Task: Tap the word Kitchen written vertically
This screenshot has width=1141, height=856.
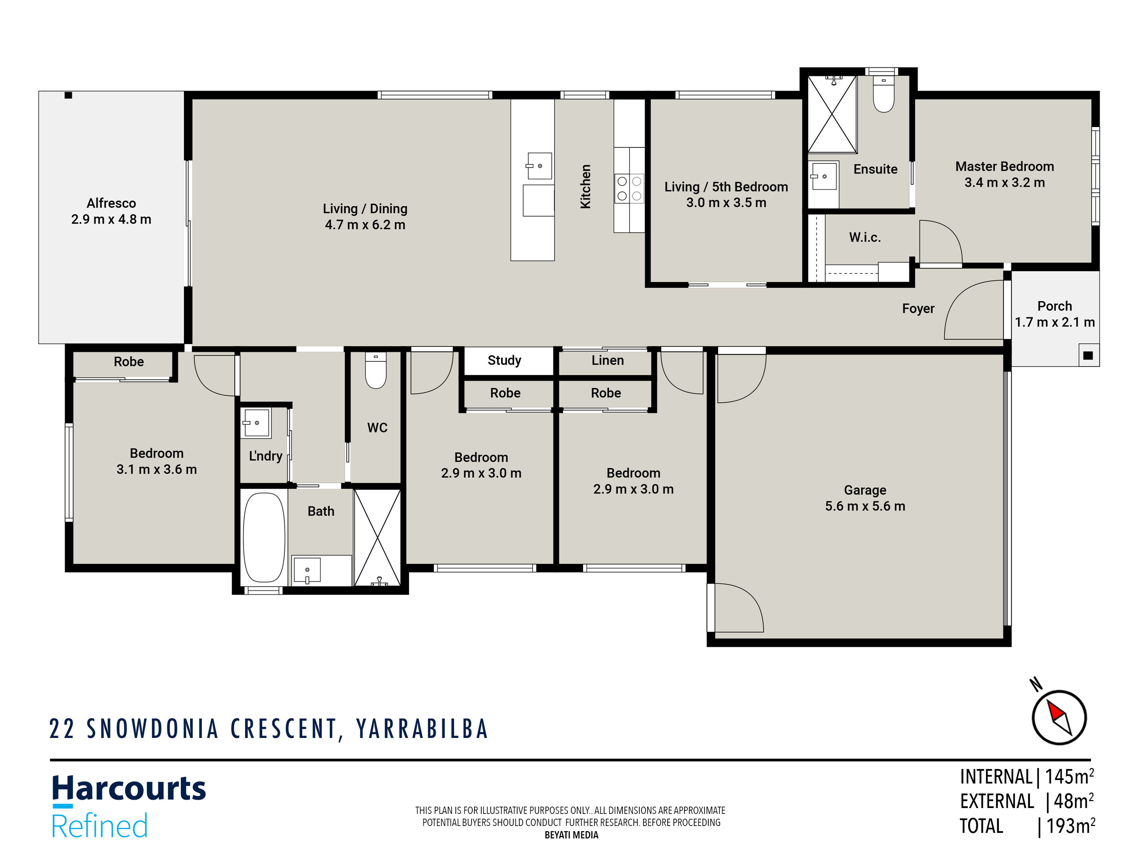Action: click(x=586, y=186)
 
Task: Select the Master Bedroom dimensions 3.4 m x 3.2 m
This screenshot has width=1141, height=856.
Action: click(x=1004, y=183)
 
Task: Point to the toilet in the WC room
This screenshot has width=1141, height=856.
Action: click(x=375, y=371)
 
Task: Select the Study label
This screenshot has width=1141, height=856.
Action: click(x=504, y=360)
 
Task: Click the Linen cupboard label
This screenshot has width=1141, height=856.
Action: click(x=607, y=360)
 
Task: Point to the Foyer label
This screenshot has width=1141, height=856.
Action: click(x=918, y=309)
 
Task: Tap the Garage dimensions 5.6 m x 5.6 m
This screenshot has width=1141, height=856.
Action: click(x=865, y=506)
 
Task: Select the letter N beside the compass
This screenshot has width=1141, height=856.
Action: click(x=1036, y=684)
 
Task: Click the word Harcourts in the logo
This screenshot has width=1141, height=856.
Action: click(x=129, y=789)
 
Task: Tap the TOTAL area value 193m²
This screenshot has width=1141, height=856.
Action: click(x=1070, y=826)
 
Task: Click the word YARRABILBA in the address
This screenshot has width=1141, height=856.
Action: click(x=422, y=729)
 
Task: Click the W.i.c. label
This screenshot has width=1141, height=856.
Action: click(x=865, y=237)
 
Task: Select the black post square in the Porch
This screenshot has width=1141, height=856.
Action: click(x=1088, y=356)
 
